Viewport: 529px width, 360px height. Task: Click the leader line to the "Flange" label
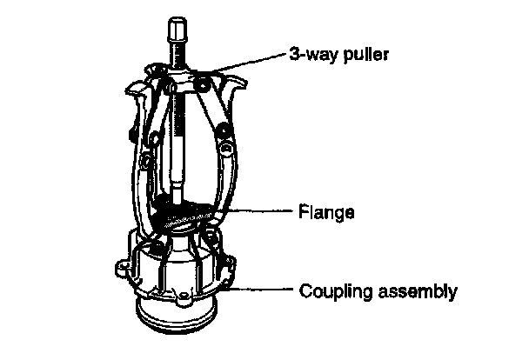pyautogui.click(x=261, y=210)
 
